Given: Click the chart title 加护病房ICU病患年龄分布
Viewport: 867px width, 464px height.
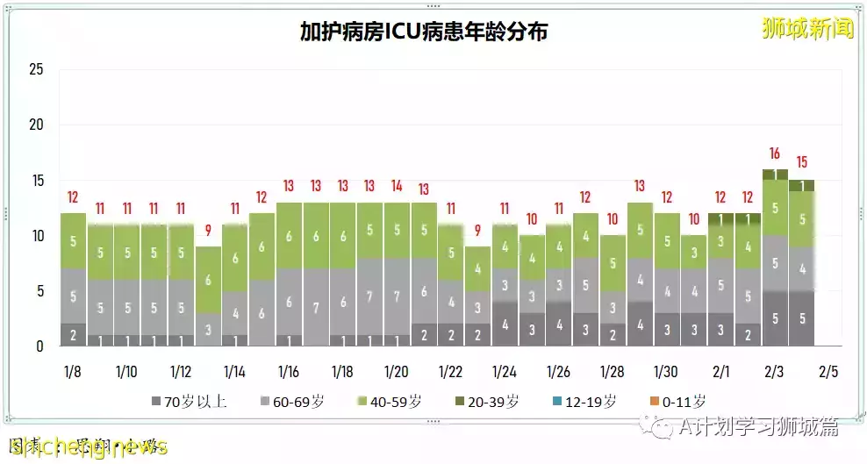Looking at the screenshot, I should click(424, 32).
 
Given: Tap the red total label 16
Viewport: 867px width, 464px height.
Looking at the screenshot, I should click(775, 153).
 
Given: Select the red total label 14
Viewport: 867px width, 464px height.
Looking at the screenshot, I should click(397, 186).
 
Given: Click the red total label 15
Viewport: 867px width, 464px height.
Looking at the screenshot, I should click(801, 162).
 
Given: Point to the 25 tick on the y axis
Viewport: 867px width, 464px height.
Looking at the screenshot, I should click(36, 69).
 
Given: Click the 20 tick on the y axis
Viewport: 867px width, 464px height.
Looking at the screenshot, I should click(36, 125).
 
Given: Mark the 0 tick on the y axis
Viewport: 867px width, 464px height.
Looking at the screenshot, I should click(39, 346).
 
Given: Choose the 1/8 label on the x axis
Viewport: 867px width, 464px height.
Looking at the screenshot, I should click(73, 371).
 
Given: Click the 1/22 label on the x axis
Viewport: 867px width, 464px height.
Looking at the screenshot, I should click(450, 371).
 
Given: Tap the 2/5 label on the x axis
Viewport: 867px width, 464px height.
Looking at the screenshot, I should click(828, 371).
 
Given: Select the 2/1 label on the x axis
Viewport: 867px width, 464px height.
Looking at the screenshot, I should click(720, 371).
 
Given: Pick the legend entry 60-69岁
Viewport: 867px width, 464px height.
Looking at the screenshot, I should click(291, 402).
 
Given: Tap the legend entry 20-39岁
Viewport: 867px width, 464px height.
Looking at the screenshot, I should click(486, 402).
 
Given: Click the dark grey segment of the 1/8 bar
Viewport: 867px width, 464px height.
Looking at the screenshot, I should click(73, 335).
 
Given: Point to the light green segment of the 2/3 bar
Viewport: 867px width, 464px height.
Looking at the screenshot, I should click(775, 208).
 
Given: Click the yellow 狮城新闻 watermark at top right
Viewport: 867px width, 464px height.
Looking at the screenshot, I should click(807, 29).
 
